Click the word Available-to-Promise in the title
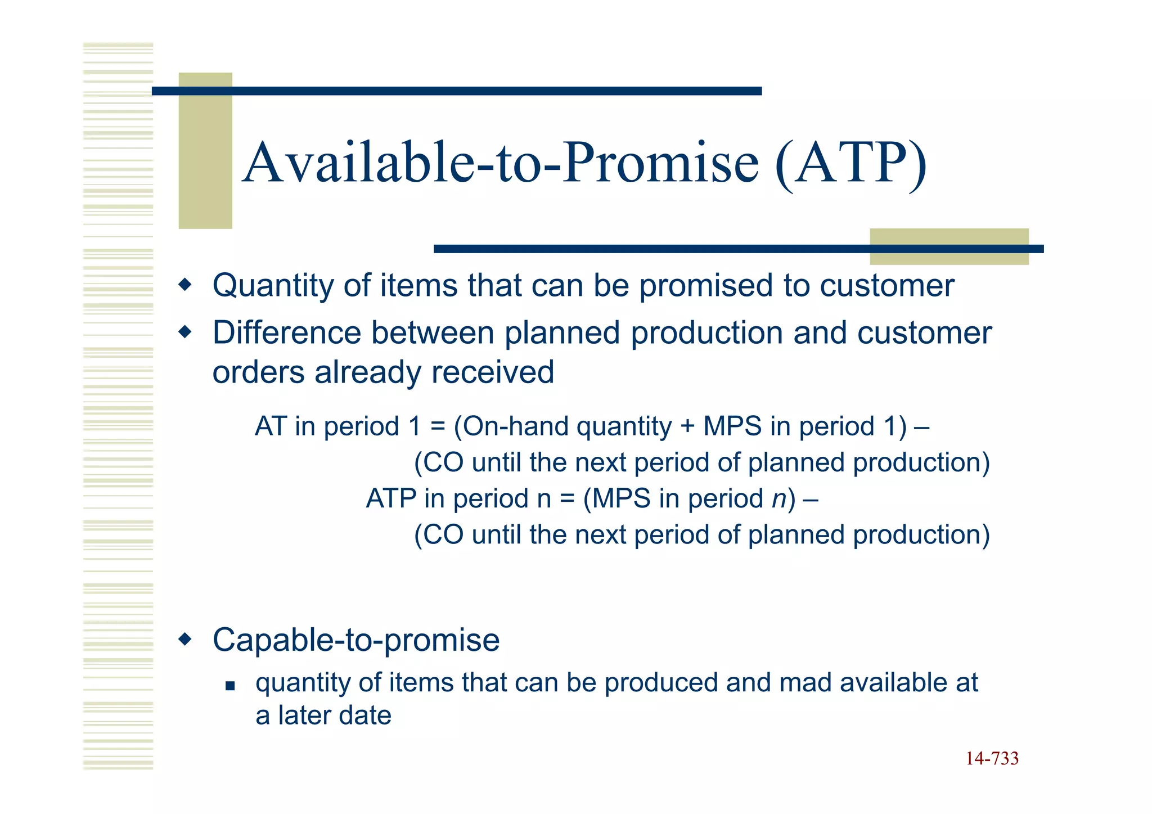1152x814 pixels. (x=501, y=163)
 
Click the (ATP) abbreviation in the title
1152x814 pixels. (x=850, y=163)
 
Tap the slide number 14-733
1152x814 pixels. (x=992, y=758)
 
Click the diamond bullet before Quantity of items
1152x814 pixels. (x=185, y=285)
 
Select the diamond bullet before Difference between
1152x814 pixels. (x=185, y=332)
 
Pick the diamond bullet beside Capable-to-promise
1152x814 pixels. (x=185, y=639)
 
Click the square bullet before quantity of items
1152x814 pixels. (x=229, y=686)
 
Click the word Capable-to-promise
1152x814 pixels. (x=356, y=640)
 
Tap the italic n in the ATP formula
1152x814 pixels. (x=778, y=499)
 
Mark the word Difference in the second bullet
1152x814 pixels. (x=287, y=332)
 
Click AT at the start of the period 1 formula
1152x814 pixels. (x=271, y=426)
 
